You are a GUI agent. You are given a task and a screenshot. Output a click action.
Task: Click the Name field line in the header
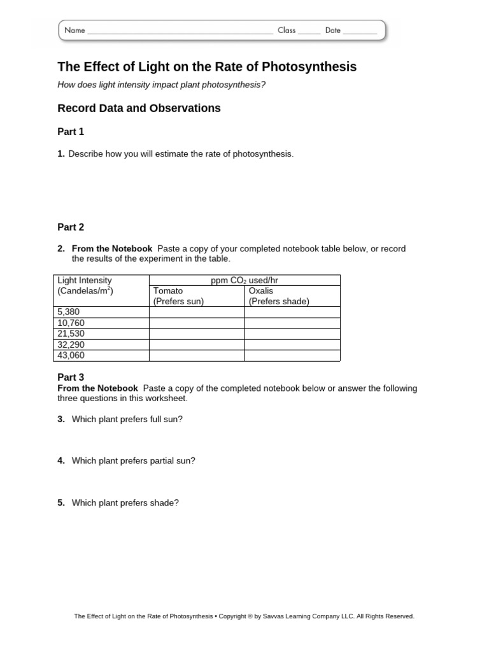180,31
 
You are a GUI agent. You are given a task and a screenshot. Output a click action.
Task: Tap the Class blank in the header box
309,31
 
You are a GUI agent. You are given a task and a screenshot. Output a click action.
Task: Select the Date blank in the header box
360,31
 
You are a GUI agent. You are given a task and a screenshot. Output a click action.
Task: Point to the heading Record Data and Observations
139,108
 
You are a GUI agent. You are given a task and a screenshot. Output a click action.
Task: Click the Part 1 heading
71,132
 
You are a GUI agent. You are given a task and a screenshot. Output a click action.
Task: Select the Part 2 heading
71,227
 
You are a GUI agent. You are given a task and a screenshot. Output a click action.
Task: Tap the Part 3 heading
71,378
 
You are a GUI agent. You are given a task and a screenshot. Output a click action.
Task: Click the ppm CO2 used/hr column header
244,280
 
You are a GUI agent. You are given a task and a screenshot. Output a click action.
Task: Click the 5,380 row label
69,312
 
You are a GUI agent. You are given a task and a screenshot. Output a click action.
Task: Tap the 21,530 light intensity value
71,334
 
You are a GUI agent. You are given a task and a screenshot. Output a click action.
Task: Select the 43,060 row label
71,355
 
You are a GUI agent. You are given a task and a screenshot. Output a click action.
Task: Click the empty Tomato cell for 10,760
196,323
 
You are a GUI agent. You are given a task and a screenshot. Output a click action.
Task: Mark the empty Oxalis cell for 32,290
292,344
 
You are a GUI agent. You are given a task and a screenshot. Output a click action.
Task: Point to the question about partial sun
133,460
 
